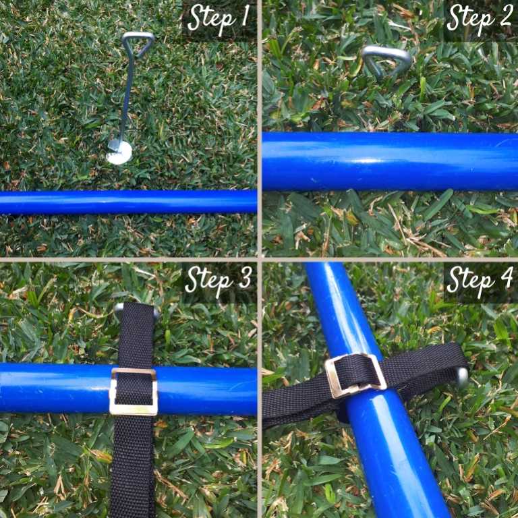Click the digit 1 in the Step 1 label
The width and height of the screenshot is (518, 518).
(244, 16)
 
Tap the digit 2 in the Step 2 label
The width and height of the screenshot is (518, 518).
(505, 16)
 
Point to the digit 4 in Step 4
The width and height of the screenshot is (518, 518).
(505, 277)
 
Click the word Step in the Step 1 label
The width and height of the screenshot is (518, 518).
(211, 19)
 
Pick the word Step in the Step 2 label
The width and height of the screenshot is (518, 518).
(470, 19)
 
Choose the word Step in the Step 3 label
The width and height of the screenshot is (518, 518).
(209, 281)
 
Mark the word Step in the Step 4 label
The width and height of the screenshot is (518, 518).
(470, 281)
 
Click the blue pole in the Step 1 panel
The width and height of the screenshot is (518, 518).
(128, 202)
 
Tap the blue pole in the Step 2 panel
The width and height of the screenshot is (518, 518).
(390, 162)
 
